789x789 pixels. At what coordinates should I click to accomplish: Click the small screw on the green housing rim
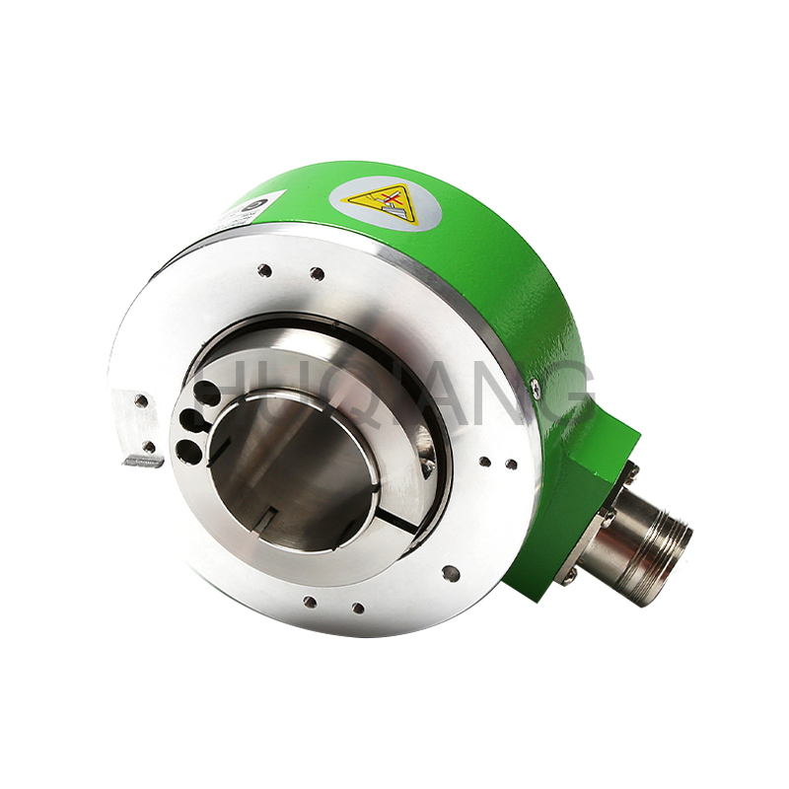coord(535,387)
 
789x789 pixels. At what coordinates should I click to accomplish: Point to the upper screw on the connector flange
coord(627,474)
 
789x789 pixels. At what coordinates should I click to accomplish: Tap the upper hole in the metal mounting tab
coord(142,401)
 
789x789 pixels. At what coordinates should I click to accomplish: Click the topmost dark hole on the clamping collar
coord(207,394)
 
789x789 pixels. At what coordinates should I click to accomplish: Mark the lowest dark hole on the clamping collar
coord(185,451)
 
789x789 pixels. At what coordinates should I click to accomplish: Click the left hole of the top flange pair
coord(264,269)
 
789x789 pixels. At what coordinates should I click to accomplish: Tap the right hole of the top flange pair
coord(316,273)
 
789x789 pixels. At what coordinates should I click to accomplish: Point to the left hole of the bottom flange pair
coord(310,601)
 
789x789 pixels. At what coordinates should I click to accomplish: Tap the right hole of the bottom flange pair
coord(357,608)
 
